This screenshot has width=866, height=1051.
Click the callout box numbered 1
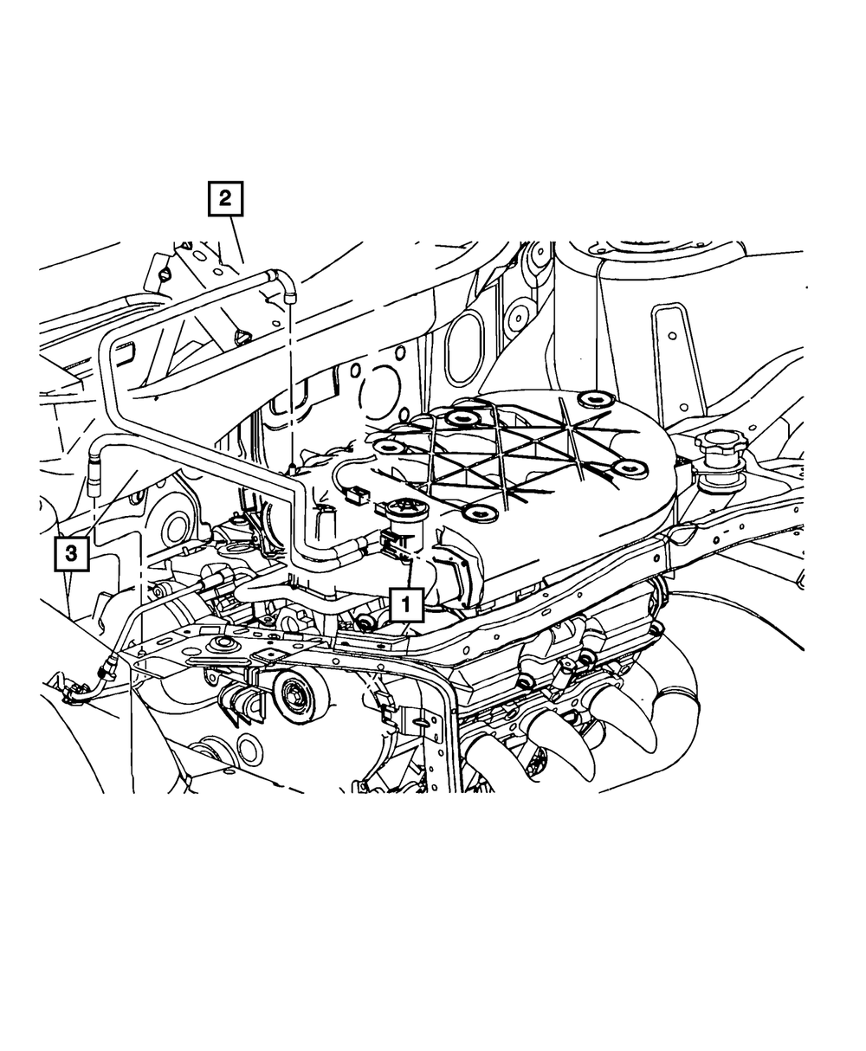pyautogui.click(x=406, y=605)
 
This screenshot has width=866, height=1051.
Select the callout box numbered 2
pyautogui.click(x=225, y=198)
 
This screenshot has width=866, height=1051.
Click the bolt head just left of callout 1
pyautogui.click(x=367, y=623)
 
